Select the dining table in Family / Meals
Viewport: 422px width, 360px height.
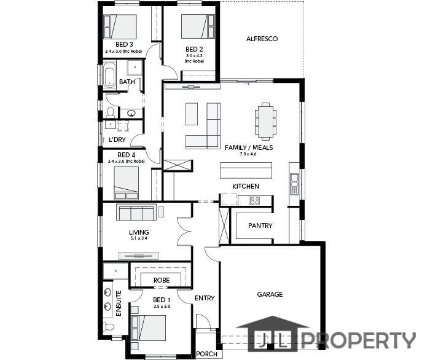265,121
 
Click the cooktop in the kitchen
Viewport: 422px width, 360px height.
254,201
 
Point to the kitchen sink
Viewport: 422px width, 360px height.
294,184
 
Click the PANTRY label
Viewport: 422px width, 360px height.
260,225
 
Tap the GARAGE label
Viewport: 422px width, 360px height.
270,294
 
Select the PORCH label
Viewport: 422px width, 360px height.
206,354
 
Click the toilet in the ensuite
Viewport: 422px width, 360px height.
109,327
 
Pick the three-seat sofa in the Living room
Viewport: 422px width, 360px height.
136,213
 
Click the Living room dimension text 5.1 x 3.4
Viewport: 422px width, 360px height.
139,238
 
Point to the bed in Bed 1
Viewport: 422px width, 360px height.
148,327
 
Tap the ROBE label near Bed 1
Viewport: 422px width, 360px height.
162,280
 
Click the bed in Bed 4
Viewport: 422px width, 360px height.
127,183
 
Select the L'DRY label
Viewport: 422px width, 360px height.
117,139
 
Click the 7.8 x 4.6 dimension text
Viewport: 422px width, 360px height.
248,154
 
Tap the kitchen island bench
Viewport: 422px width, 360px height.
246,170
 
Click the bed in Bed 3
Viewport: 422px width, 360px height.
120,26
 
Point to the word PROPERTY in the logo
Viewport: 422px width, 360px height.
359,340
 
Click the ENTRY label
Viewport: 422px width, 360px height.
205,298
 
